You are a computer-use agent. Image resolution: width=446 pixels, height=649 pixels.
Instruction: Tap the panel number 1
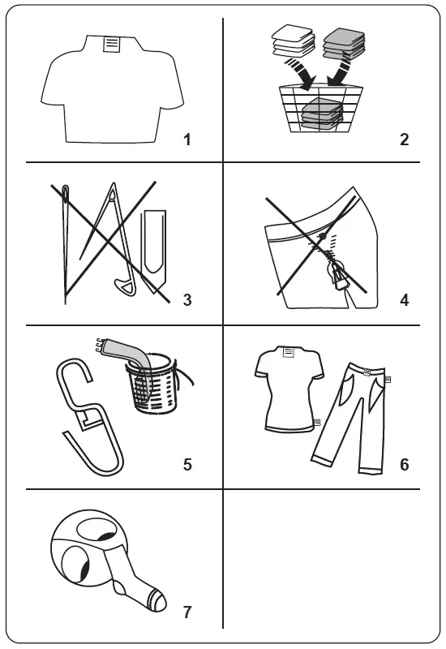pos(187,140)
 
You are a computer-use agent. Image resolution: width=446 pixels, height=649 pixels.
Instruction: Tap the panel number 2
pos(404,140)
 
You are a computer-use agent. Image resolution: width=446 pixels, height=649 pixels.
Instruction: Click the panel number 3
pos(187,300)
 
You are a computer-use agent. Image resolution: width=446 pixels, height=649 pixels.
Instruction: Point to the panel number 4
pos(404,300)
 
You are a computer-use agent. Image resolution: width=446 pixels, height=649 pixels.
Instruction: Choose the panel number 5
pos(187,465)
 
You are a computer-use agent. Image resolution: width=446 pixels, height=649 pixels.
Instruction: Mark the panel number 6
pos(404,465)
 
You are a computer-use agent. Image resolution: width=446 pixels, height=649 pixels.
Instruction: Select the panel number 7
pos(187,609)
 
